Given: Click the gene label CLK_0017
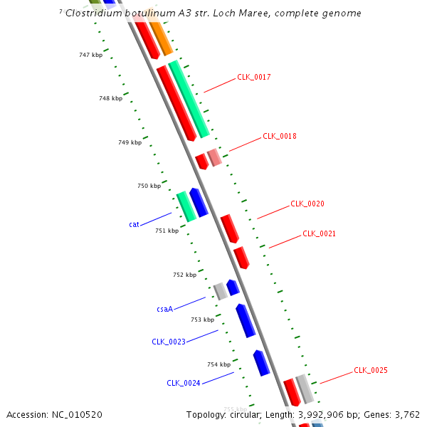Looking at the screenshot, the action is tap(253, 77).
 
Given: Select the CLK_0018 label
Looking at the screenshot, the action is tap(279, 136).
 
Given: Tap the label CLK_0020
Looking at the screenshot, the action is tap(307, 204).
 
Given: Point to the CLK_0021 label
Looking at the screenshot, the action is tap(319, 233).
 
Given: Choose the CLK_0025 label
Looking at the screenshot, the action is tap(370, 371).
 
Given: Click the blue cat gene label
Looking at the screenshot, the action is tap(134, 224).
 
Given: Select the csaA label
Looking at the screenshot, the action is tap(164, 310).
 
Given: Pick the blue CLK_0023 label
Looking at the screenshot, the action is tap(168, 342).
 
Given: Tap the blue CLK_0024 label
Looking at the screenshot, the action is tap(183, 383).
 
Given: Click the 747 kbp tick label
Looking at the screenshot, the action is tap(90, 55).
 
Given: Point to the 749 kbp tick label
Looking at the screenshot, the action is tap(129, 142).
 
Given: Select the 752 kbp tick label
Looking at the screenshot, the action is tap(184, 275).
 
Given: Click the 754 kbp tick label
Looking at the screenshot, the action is tap(218, 364).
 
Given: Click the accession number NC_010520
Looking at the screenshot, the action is tap(77, 414).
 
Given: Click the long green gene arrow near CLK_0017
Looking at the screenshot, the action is tap(189, 98).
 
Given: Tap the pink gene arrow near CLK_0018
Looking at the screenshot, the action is tap(214, 157).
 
